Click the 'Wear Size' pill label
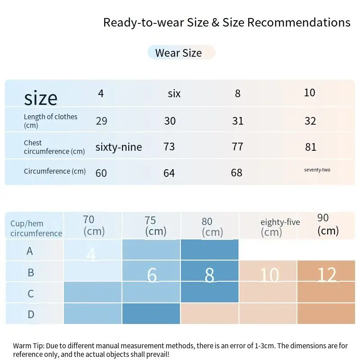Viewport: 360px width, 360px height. (179, 53)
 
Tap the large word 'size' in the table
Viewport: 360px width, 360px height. (40, 98)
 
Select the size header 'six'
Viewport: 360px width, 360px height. (174, 94)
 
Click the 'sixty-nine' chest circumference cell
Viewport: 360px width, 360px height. (118, 147)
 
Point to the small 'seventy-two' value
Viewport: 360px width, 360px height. (317, 170)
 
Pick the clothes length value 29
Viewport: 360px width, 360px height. (101, 121)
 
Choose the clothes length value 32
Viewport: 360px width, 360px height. (310, 121)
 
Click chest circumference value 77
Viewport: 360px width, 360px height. (238, 147)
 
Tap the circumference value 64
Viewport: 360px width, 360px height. (169, 173)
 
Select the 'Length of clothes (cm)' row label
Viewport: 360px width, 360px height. (50, 121)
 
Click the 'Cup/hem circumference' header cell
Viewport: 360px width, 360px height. (36, 228)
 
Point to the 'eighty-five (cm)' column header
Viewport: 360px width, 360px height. (279, 227)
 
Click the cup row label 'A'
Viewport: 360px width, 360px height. (30, 251)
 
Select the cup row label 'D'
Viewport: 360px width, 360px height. (31, 314)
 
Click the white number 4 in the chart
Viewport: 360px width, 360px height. (91, 255)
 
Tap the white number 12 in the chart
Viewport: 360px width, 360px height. (327, 275)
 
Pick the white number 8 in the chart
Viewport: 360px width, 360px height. (209, 275)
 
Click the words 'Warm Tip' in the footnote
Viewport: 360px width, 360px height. (29, 346)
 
